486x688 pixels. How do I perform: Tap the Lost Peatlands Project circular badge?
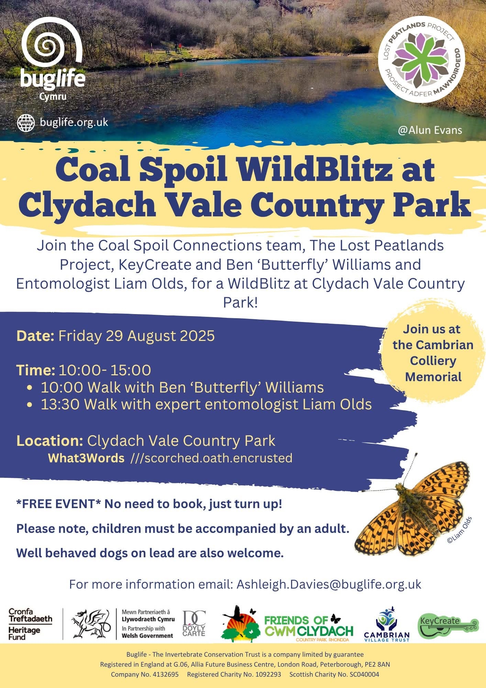click(422, 60)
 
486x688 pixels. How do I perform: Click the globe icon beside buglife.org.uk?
click(26, 123)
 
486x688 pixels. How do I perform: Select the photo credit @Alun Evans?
click(430, 130)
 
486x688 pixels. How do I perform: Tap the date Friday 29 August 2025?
click(136, 336)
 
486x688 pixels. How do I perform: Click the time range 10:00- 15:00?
click(105, 370)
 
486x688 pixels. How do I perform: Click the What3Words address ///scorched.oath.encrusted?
click(211, 458)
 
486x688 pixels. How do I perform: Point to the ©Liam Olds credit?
click(460, 530)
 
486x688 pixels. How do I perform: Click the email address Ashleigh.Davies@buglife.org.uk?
click(329, 584)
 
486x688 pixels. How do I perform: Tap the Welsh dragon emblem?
click(90, 624)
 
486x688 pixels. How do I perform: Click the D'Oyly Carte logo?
click(194, 623)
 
